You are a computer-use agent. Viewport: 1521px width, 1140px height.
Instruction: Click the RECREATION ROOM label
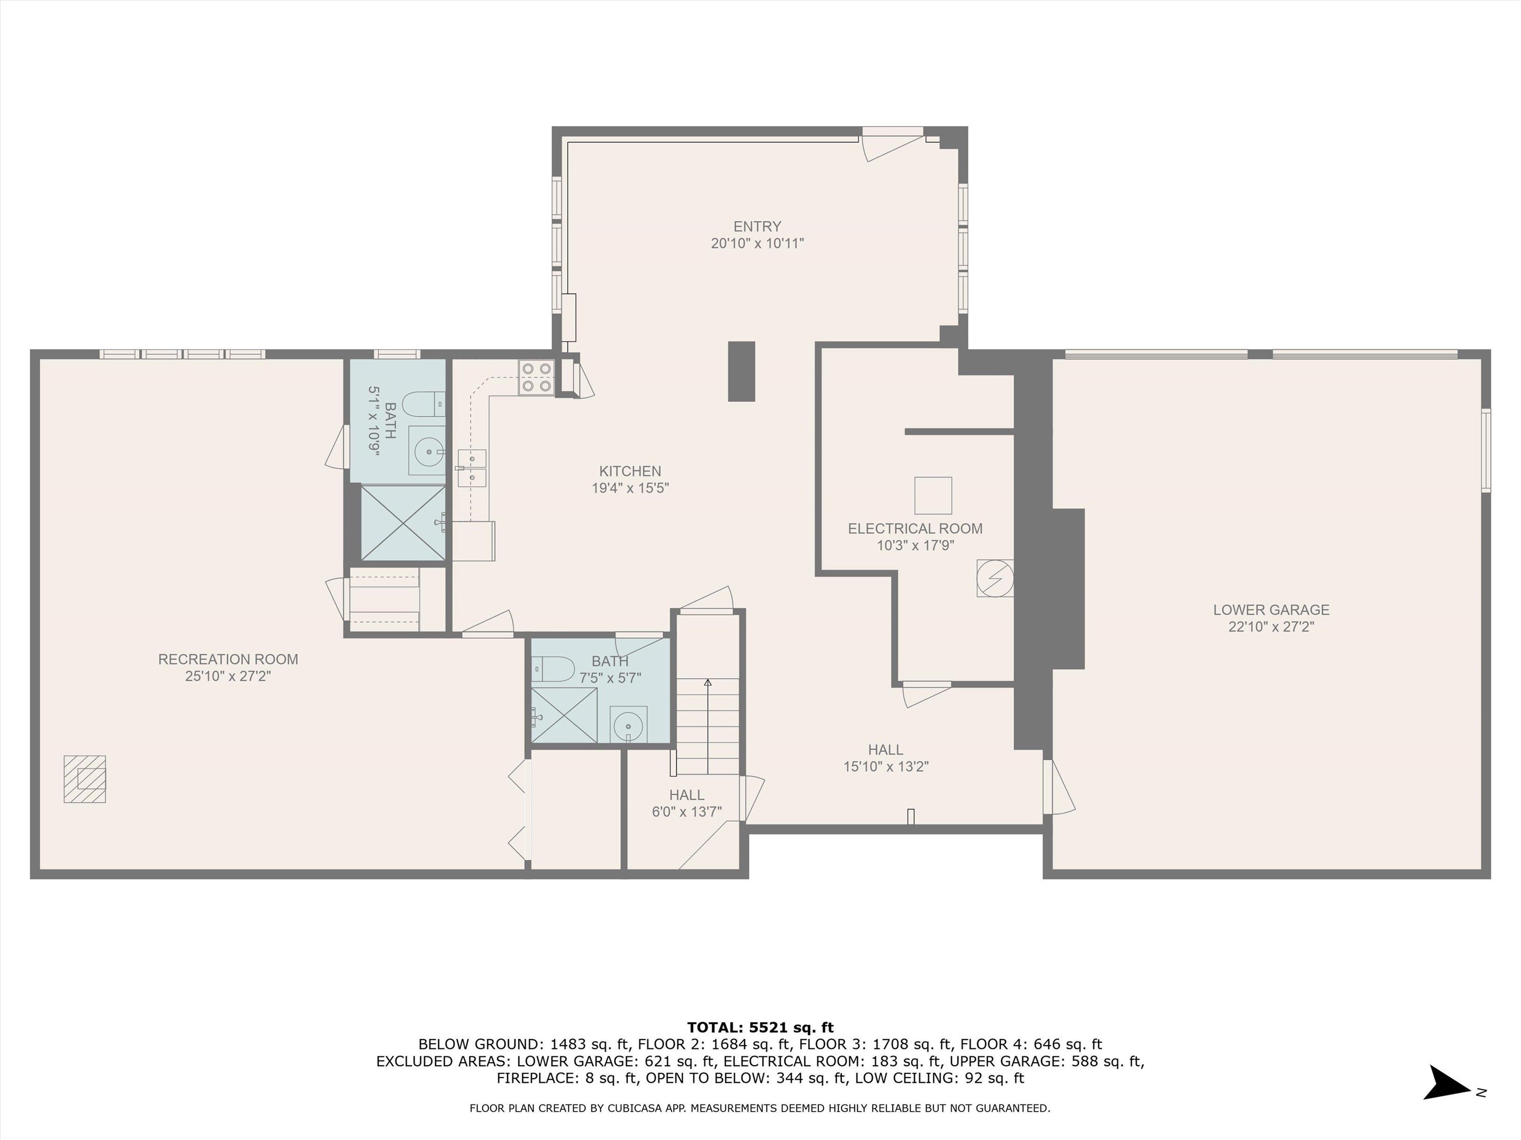pyautogui.click(x=228, y=659)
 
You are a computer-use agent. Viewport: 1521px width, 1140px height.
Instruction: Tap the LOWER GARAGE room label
pyautogui.click(x=1271, y=610)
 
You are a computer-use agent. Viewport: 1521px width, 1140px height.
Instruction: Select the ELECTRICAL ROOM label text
pyautogui.click(x=915, y=528)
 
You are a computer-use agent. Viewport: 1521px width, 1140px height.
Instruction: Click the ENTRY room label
pyautogui.click(x=757, y=226)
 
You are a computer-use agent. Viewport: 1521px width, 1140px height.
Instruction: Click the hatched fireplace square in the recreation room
pyautogui.click(x=85, y=778)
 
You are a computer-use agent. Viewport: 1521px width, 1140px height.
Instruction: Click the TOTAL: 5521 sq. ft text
pyautogui.click(x=760, y=1027)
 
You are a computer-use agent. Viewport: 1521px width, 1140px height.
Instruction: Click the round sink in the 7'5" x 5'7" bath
pyautogui.click(x=628, y=724)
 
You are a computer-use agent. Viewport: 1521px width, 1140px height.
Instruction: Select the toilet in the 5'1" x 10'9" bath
pyautogui.click(x=423, y=405)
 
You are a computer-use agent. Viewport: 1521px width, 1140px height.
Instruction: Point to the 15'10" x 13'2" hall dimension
pyautogui.click(x=886, y=766)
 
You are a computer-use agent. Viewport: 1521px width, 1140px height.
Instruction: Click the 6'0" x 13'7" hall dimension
pyautogui.click(x=687, y=811)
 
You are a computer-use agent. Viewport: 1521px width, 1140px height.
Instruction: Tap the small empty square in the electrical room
pyautogui.click(x=933, y=495)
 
